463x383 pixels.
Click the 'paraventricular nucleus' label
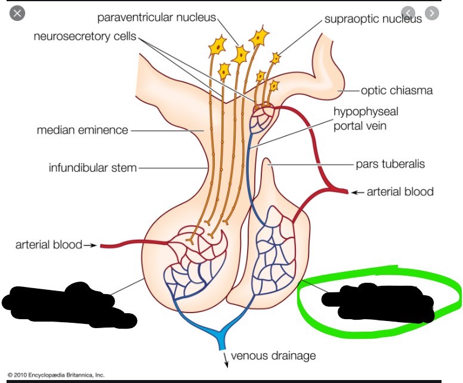[156, 17]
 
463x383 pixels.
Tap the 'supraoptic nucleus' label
[373, 18]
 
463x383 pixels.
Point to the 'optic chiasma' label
[397, 91]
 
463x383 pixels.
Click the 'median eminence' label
[82, 129]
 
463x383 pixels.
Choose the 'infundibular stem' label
[92, 168]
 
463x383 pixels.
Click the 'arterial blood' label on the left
[48, 245]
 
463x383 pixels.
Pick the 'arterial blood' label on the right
[400, 191]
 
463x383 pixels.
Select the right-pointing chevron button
[431, 13]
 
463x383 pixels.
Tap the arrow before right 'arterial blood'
[357, 192]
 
